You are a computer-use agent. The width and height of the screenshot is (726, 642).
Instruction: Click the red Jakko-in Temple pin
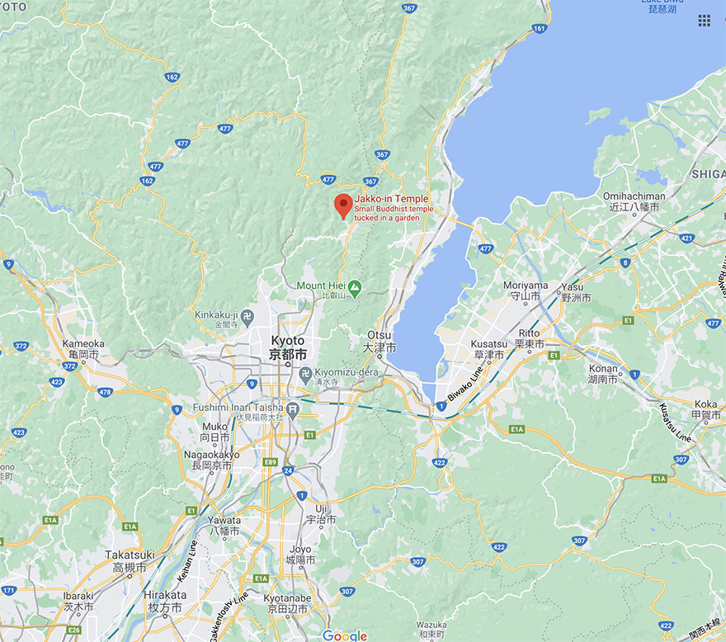(x=343, y=205)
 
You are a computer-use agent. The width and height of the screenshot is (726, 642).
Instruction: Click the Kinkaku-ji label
(x=216, y=314)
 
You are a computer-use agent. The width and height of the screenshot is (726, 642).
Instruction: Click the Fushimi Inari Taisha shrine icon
(x=293, y=407)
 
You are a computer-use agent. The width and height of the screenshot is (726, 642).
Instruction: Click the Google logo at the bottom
(x=345, y=635)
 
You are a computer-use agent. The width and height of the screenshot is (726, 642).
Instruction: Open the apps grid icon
(x=704, y=21)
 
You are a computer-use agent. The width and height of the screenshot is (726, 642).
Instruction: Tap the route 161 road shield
(x=539, y=28)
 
